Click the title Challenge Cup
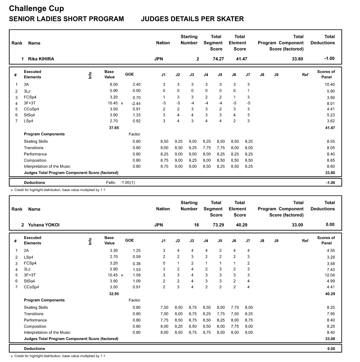pos(36,8)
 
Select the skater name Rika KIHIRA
pos(41,59)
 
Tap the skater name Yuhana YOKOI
pos(44,225)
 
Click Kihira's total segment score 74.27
pos(218,59)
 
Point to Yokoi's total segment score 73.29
pos(218,225)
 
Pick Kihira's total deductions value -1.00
pos(329,59)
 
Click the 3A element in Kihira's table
pos(26,85)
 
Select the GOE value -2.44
pos(136,103)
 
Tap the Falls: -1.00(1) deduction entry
pos(120,183)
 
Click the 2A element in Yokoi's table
pos(26,250)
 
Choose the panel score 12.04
pos(329,276)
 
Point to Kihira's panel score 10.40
pos(330,85)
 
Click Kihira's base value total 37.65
pos(114,128)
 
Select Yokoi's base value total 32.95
pos(114,294)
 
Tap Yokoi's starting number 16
pos(196,225)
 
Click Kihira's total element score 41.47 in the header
pos(242,59)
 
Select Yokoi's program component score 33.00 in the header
pos(297,225)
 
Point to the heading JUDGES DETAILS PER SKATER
pos(192,19)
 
